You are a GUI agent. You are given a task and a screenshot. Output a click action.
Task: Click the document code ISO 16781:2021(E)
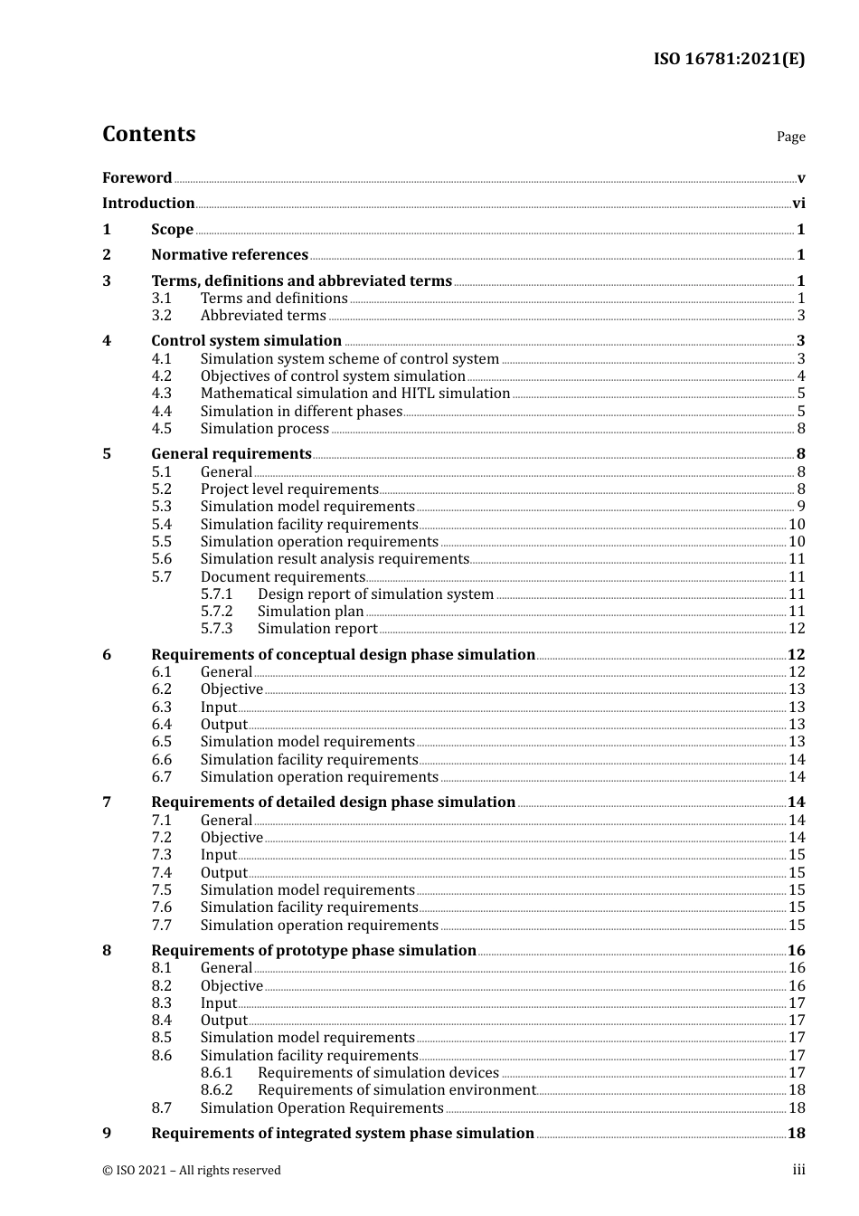point(729,60)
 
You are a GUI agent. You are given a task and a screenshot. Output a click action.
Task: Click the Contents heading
point(148,134)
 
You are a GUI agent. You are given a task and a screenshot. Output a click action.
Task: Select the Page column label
point(790,137)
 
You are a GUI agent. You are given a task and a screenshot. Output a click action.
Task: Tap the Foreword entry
point(137,178)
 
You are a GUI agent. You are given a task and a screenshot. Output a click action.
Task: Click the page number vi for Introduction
point(798,204)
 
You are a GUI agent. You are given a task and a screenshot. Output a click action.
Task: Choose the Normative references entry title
point(230,255)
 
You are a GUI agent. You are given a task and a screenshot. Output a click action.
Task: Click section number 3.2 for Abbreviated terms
point(161,316)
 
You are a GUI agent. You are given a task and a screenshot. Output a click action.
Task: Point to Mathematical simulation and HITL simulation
point(355,394)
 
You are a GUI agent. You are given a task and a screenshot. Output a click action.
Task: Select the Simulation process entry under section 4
point(264,429)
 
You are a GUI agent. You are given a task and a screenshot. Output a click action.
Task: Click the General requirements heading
point(231,454)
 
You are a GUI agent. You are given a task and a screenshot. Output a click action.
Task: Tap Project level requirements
point(289,489)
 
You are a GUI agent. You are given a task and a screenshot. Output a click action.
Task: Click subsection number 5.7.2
point(216,612)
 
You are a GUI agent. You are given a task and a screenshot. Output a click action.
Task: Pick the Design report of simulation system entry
point(375,594)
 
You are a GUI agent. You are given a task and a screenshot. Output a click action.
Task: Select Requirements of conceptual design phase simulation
point(343,655)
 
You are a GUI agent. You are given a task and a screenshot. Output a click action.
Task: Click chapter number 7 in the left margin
point(107,803)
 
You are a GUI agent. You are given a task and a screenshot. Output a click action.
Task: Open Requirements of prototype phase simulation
point(314,951)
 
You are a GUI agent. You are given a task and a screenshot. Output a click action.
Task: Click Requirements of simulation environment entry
point(396,1090)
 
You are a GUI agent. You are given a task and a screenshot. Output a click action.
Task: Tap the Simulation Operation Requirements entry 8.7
point(321,1108)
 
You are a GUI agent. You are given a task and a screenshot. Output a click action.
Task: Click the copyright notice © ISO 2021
point(192,1171)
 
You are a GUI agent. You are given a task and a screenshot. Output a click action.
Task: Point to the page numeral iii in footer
point(798,1170)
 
